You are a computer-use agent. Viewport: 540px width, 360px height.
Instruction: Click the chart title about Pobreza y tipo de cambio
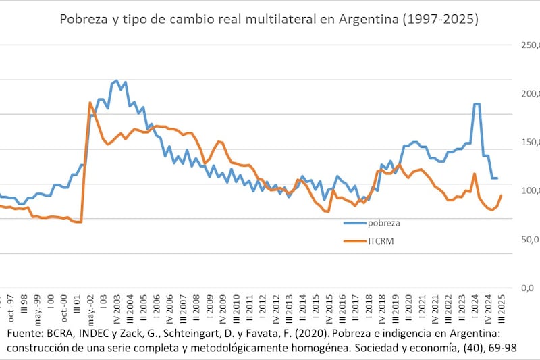(269, 19)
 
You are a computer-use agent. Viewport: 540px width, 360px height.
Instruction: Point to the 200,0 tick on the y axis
(529, 94)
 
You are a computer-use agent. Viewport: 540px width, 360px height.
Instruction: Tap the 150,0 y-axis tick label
(529, 143)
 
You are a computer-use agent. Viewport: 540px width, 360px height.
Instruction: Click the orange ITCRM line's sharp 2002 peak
(90, 103)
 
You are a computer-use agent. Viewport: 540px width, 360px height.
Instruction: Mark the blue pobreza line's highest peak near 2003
(116, 81)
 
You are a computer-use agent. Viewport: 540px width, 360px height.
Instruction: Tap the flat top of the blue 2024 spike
(477, 104)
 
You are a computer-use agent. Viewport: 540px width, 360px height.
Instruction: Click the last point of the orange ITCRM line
(501, 195)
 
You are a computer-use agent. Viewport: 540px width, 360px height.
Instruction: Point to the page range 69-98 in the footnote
(518, 347)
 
